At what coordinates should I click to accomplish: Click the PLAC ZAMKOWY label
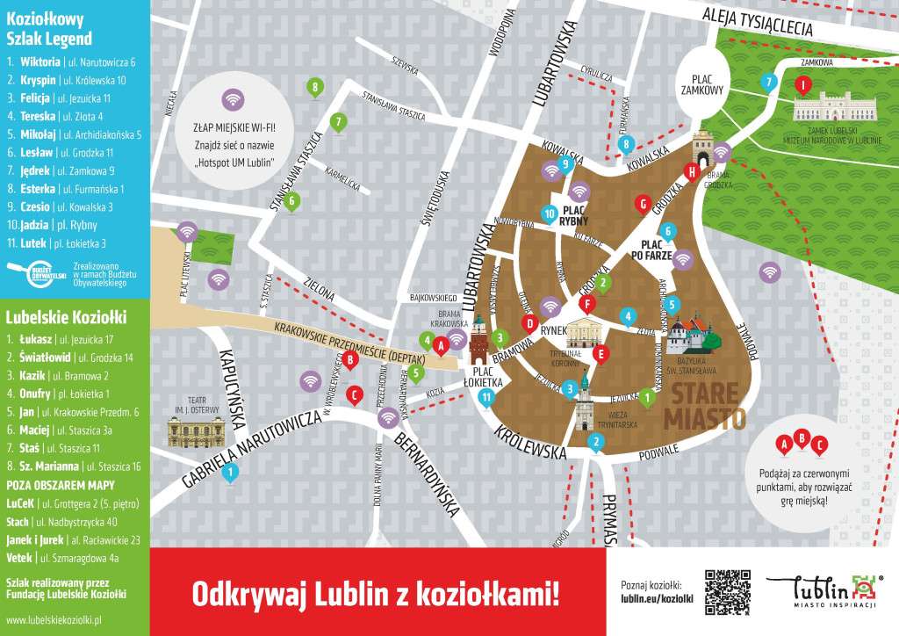pos(702,83)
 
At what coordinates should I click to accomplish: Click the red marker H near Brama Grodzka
pos(692,172)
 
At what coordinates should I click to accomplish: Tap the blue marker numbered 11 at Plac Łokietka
pos(486,398)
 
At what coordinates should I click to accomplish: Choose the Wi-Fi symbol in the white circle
pos(232,99)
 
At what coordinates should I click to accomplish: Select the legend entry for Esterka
pos(66,188)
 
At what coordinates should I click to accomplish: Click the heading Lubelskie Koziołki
pos(67,315)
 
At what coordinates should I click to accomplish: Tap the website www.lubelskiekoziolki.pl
pos(54,619)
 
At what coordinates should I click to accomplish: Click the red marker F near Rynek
pos(588,304)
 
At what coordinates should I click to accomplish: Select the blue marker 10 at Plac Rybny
pos(550,213)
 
